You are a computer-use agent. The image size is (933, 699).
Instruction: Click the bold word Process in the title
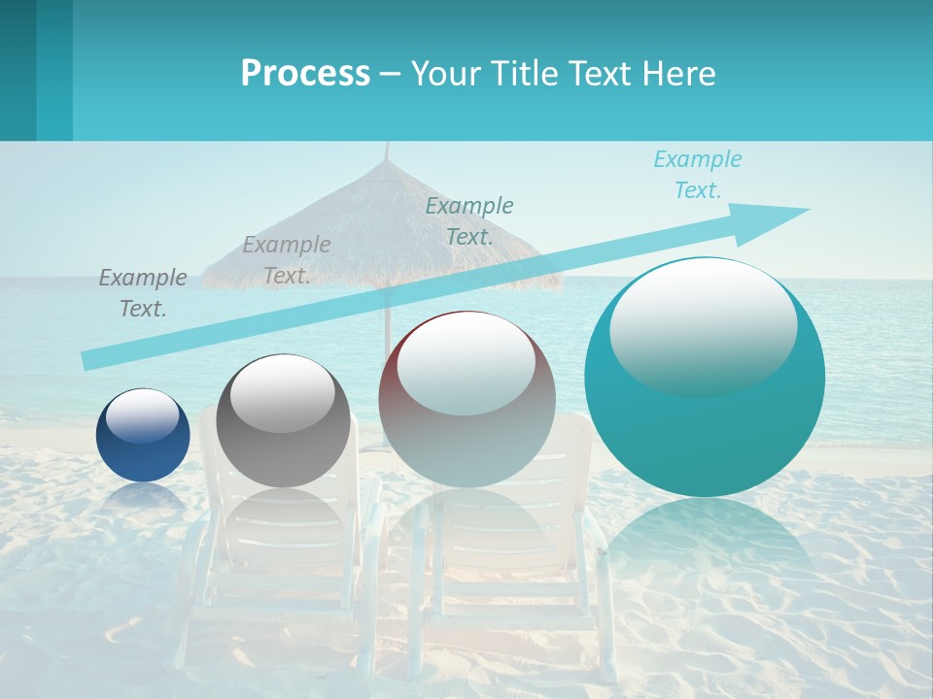coord(305,74)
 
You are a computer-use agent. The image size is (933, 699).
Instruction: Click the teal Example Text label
coord(697,175)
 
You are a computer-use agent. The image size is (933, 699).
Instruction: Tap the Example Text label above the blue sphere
coord(143,292)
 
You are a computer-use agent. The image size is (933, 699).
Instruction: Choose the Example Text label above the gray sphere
coord(287,259)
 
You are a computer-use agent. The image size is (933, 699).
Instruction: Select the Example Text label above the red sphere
coord(469,220)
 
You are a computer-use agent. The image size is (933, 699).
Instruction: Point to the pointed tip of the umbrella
coord(387,146)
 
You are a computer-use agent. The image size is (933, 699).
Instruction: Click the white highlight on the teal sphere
coord(703,325)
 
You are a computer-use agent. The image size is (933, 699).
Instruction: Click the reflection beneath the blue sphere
coord(143,497)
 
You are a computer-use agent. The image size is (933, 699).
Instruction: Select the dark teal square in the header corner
coord(18,70)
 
